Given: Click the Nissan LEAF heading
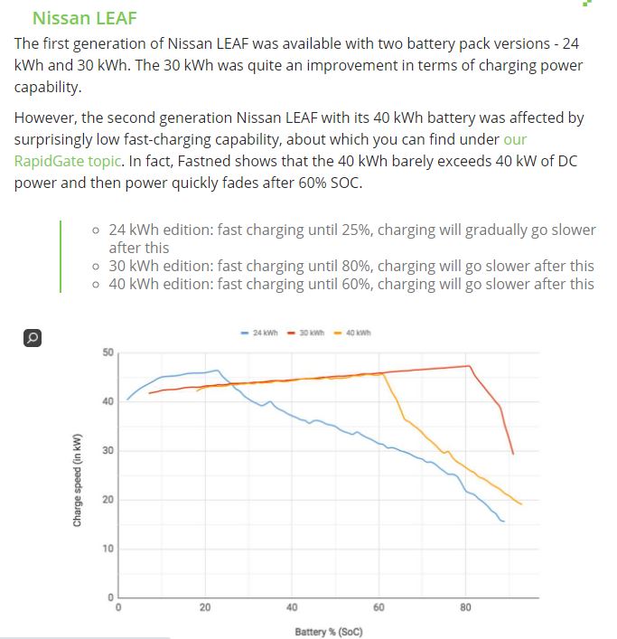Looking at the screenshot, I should click(84, 18).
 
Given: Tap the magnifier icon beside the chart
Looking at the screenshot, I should click(32, 338).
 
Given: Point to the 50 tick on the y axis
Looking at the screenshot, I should click(107, 352).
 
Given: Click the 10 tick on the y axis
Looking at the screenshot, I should click(107, 549).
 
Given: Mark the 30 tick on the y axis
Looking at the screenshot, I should click(107, 450).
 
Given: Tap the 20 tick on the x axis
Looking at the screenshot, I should click(205, 607).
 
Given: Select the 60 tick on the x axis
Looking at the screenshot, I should click(379, 607).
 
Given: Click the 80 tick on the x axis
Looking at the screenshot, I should click(465, 607).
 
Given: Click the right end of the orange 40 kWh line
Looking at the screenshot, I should click(521, 503).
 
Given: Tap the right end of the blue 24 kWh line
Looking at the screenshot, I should click(503, 522).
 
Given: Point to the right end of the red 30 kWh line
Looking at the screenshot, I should click(513, 454).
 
